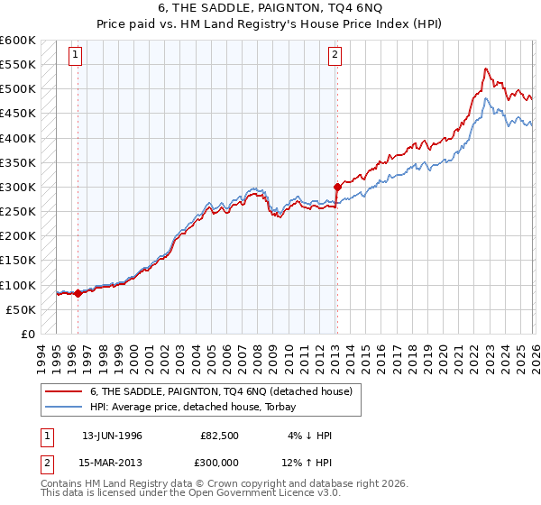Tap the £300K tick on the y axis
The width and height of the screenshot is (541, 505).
pos(17,188)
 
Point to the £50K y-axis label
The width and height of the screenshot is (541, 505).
pos(20,309)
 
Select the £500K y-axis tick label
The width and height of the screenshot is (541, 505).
pos(17,89)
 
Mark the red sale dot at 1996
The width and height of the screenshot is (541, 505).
pos(78,293)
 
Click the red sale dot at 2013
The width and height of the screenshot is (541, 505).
pos(336,188)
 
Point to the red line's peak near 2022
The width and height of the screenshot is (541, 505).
pos(486,69)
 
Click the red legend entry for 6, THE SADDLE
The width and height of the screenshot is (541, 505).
pos(226,390)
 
